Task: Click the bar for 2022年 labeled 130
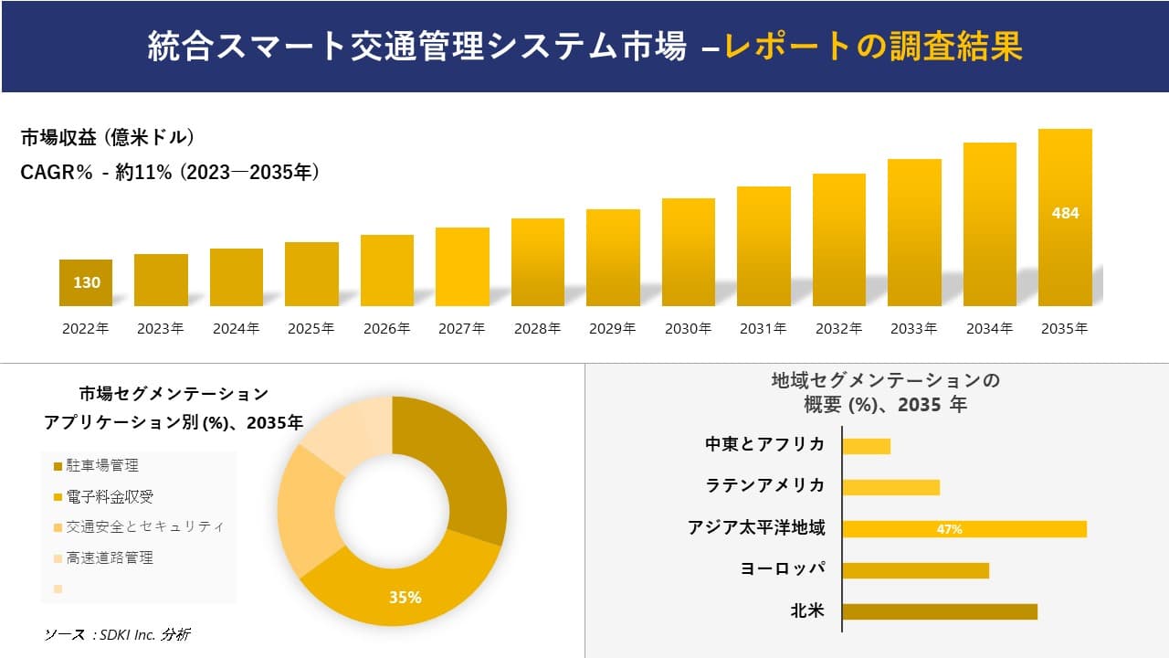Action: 86,282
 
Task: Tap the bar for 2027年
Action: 462,266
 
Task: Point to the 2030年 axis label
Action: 688,329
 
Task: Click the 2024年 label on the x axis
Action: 236,329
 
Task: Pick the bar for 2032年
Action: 838,239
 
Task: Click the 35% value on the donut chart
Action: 405,598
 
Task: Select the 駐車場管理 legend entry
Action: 102,466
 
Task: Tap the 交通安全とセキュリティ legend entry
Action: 144,527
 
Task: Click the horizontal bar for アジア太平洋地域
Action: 964,529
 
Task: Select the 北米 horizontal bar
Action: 939,611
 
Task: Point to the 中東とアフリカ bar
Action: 866,446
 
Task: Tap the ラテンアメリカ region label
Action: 765,485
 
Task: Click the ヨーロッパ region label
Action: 783,568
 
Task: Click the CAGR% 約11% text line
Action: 170,173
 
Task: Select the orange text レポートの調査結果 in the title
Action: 872,47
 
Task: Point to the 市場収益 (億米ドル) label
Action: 107,138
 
